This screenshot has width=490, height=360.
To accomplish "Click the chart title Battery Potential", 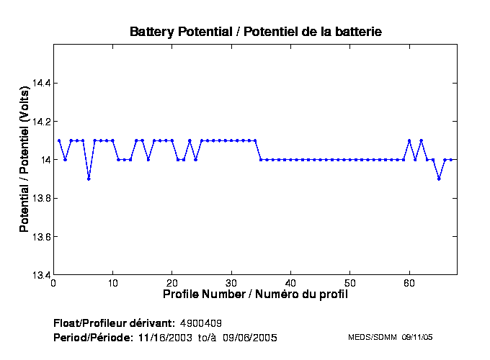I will click(x=256, y=32).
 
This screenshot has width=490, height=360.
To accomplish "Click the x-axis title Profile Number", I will click(x=256, y=294).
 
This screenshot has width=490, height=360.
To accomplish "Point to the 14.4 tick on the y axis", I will click(x=40, y=83).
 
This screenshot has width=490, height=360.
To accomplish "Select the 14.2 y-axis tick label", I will click(x=40, y=122).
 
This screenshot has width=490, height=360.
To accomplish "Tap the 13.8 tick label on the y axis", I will click(x=40, y=198).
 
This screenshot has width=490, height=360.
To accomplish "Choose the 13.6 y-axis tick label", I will click(x=40, y=237).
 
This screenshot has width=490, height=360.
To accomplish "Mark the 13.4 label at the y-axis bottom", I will click(x=40, y=275).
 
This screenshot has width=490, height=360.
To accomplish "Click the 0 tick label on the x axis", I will click(x=53, y=283).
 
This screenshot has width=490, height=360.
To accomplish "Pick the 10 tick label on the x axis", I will click(x=112, y=283).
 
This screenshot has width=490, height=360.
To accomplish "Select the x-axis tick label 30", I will click(x=231, y=283).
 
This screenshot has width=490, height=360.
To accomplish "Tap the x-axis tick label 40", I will click(x=290, y=283).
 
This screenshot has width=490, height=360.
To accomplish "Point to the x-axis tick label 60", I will click(x=409, y=283).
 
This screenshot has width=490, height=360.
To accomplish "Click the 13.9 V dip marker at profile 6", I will click(x=89, y=179).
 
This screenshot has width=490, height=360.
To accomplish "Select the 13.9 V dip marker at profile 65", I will click(x=439, y=179).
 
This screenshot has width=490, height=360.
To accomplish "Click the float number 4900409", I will click(x=206, y=322).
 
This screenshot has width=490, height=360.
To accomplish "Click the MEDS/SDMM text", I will click(x=368, y=337).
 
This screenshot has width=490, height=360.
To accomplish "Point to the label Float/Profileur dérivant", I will click(x=114, y=322).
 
